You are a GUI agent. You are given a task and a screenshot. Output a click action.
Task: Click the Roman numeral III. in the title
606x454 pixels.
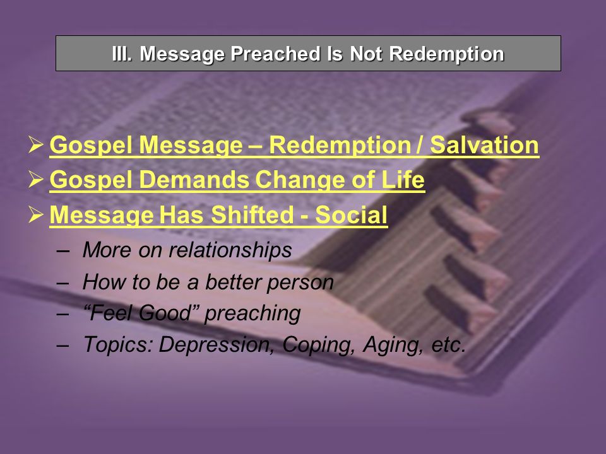pos(122,54)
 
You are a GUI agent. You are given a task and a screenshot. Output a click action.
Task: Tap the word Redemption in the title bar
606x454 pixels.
pos(446,54)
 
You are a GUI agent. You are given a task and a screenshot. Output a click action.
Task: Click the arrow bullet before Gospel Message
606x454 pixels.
pos(35,144)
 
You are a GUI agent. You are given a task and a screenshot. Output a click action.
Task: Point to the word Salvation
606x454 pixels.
pos(484,145)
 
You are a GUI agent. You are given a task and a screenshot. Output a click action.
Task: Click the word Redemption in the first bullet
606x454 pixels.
pos(339,146)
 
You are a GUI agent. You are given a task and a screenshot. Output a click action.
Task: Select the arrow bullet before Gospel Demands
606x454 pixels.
pos(35,179)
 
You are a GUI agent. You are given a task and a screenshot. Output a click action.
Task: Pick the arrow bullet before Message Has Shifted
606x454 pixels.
pos(35,214)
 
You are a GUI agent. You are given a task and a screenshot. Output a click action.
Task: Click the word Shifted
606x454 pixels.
pos(252,214)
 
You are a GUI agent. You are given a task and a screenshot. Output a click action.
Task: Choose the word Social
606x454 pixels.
pos(351,214)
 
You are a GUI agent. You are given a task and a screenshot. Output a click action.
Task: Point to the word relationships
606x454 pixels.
pos(230,250)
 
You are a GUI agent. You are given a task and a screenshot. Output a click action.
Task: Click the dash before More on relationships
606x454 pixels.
pos(62,250)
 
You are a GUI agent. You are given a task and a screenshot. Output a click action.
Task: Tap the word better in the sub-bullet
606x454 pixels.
pos(233,281)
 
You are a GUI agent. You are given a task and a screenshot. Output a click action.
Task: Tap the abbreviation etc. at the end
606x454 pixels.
pos(448,345)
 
